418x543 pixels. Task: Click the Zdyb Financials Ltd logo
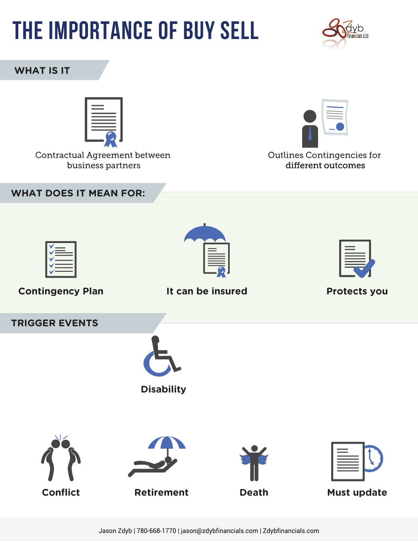[345, 34]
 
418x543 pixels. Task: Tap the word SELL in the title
[239, 30]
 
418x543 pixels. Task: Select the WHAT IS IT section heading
[42, 70]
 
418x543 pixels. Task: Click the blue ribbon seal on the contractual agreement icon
[111, 139]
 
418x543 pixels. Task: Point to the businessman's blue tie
[310, 133]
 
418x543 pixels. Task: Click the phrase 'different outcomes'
[325, 166]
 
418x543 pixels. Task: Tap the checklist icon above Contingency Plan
[61, 260]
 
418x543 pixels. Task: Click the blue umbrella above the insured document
[205, 233]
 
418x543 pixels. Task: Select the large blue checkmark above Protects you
[364, 269]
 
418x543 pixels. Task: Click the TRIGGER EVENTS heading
[55, 323]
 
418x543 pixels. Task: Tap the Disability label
[163, 389]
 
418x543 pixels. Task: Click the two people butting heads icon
[61, 458]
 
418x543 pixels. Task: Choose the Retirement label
[161, 492]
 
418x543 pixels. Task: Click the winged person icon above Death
[254, 463]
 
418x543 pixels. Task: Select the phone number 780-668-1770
[156, 531]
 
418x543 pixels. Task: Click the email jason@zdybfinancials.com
[219, 531]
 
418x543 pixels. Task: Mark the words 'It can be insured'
[207, 291]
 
